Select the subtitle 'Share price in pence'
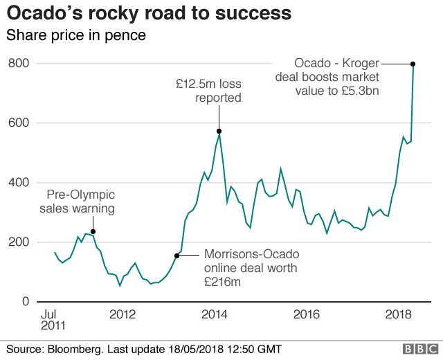[76, 35]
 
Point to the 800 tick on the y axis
[18, 64]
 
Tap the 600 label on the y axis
[18, 123]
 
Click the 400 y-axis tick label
[18, 183]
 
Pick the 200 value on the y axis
[18, 242]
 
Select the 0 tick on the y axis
[24, 302]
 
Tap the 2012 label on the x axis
[123, 314]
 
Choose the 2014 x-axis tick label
[215, 314]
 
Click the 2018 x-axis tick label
[397, 314]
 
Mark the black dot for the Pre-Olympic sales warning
[93, 231]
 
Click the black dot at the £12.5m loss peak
[219, 131]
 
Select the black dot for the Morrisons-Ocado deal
[177, 256]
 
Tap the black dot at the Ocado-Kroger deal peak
[413, 64]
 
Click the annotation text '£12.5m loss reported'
[208, 91]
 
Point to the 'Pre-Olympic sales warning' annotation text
[77, 201]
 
